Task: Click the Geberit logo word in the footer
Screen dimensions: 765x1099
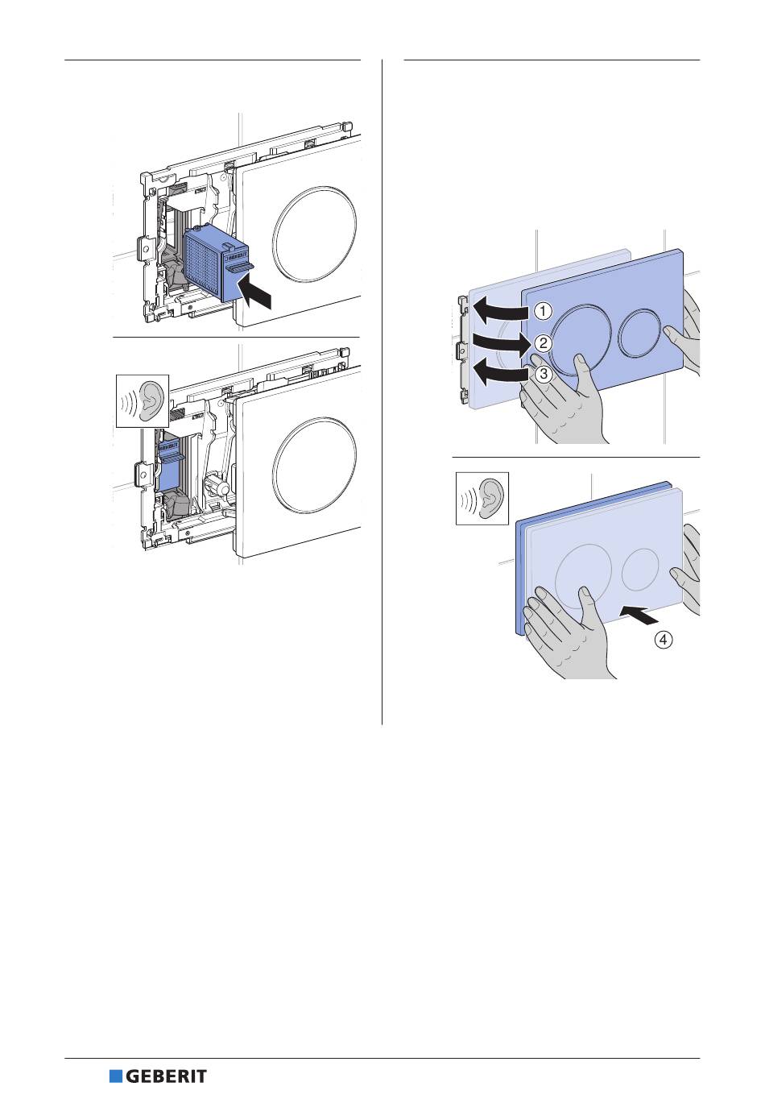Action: click(x=166, y=1076)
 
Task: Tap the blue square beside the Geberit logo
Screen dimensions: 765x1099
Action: click(x=116, y=1076)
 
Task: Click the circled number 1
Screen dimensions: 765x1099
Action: click(x=543, y=311)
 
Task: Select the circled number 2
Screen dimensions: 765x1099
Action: click(x=543, y=342)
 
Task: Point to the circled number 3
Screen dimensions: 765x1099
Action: click(x=543, y=374)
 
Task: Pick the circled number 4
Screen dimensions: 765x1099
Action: click(x=663, y=640)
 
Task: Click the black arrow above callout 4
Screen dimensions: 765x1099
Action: click(x=639, y=613)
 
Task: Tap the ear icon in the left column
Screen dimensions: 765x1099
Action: click(x=143, y=401)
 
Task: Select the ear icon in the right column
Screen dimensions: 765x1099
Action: click(x=482, y=499)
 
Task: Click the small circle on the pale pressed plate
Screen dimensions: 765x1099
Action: click(x=640, y=569)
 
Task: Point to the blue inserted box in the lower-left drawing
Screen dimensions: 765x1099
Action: click(x=169, y=463)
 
